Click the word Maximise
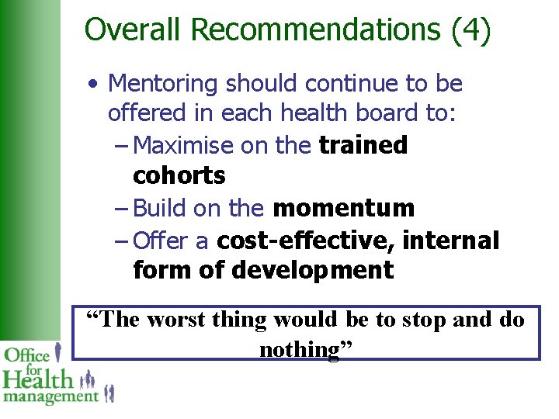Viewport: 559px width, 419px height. [x=183, y=145]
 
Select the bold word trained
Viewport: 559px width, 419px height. [x=363, y=145]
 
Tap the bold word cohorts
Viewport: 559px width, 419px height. [x=179, y=176]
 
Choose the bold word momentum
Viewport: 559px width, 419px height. [x=343, y=208]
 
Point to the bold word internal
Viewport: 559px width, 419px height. [x=451, y=241]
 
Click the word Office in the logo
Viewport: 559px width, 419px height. [x=27, y=356]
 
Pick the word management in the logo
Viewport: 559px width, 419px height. [x=50, y=396]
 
